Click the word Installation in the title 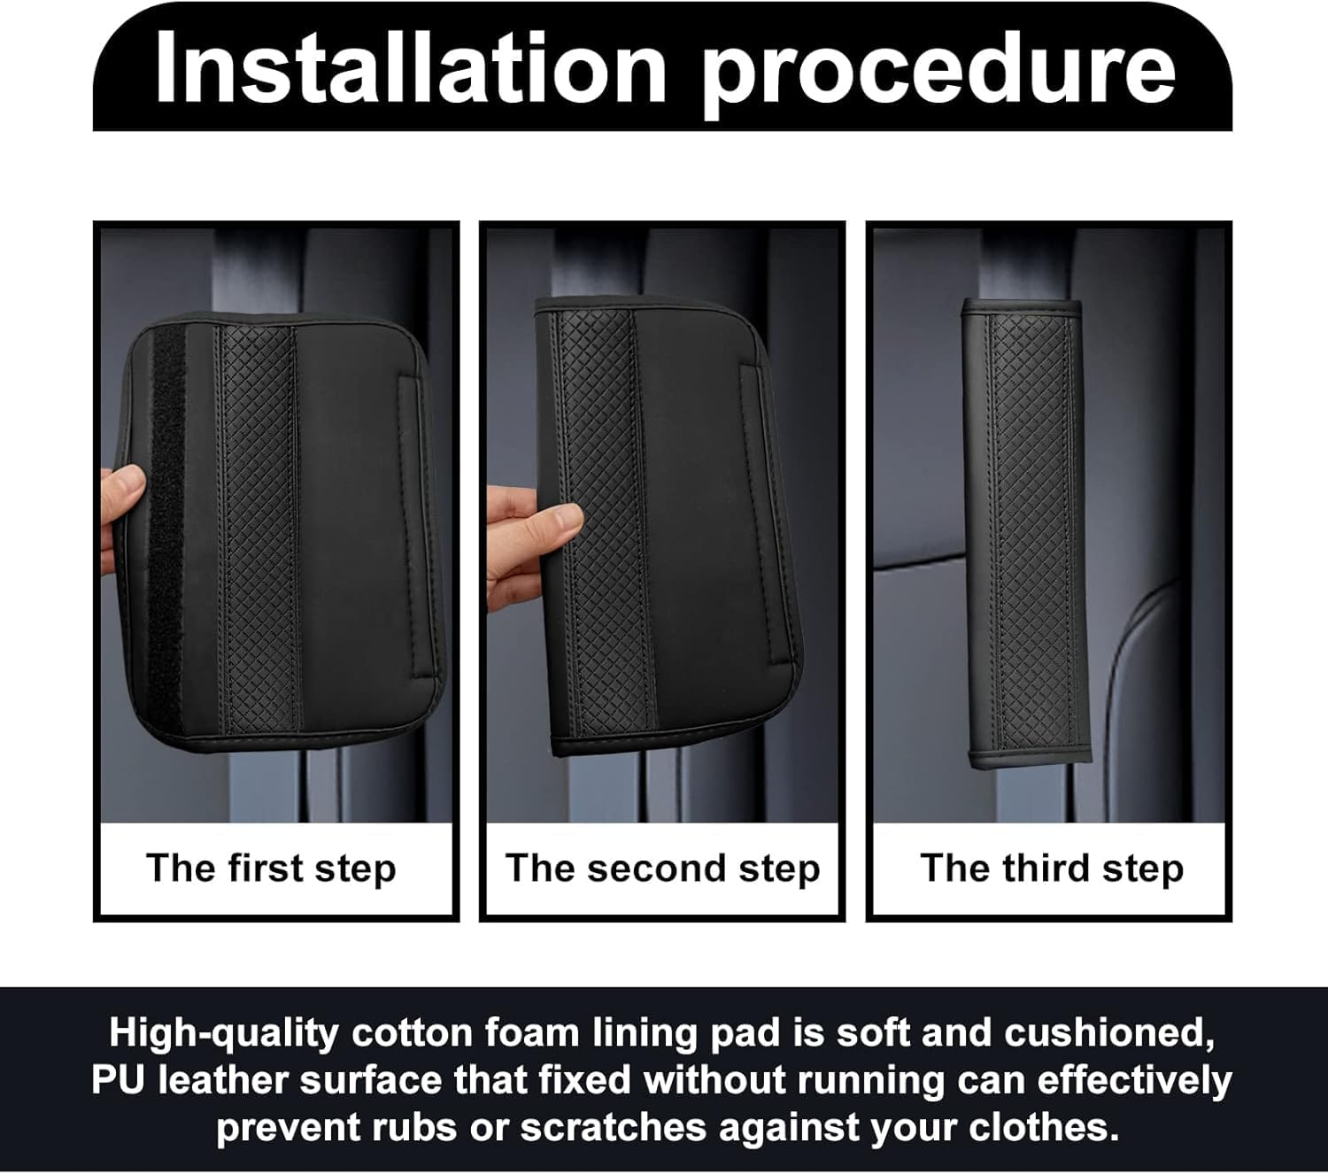point(411,69)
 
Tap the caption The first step point(272,869)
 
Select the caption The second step point(663,869)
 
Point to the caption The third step point(1052,869)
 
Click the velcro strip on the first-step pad point(167,524)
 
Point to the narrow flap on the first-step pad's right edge point(414,528)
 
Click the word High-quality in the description point(223,1034)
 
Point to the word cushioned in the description point(1109,1034)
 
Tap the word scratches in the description point(614,1127)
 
